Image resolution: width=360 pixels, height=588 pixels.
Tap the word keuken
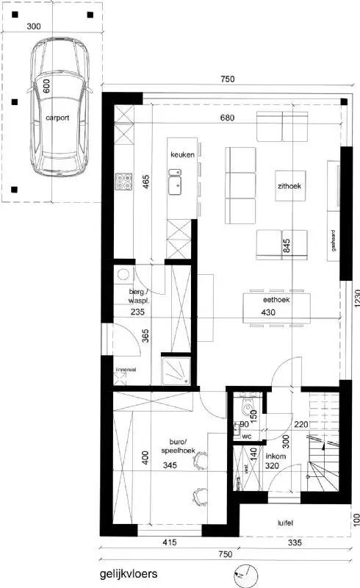tap(181, 155)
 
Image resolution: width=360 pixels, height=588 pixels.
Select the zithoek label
tap(290, 186)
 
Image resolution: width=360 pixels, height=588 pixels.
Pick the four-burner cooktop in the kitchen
tap(123, 183)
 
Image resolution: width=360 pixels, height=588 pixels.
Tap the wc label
tap(248, 436)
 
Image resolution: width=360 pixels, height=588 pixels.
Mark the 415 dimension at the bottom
tap(170, 543)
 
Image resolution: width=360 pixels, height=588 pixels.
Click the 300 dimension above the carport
tap(32, 25)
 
